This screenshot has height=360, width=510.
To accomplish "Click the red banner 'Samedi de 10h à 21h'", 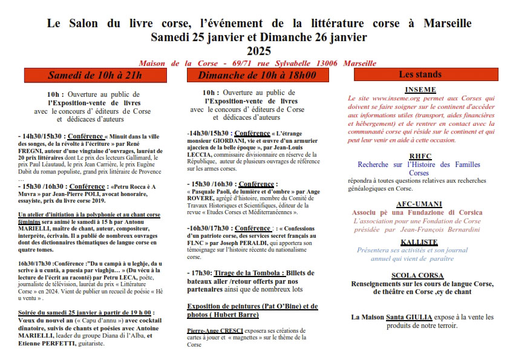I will click(x=95, y=75).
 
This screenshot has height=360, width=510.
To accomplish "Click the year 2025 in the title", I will click(x=259, y=51).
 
